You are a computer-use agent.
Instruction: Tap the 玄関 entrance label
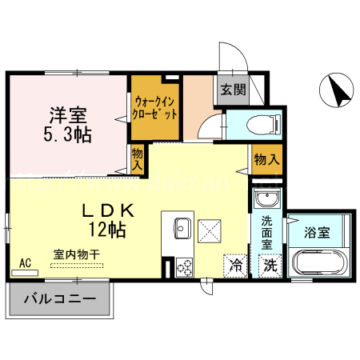coord(231,89)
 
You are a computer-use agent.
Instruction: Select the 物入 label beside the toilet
coord(266,159)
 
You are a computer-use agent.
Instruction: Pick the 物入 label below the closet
coord(138,158)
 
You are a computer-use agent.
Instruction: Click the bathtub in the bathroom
coord(318,262)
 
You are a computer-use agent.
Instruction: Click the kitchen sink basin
coord(182,229)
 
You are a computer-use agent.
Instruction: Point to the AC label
coord(24,262)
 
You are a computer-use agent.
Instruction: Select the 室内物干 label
coord(77,254)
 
